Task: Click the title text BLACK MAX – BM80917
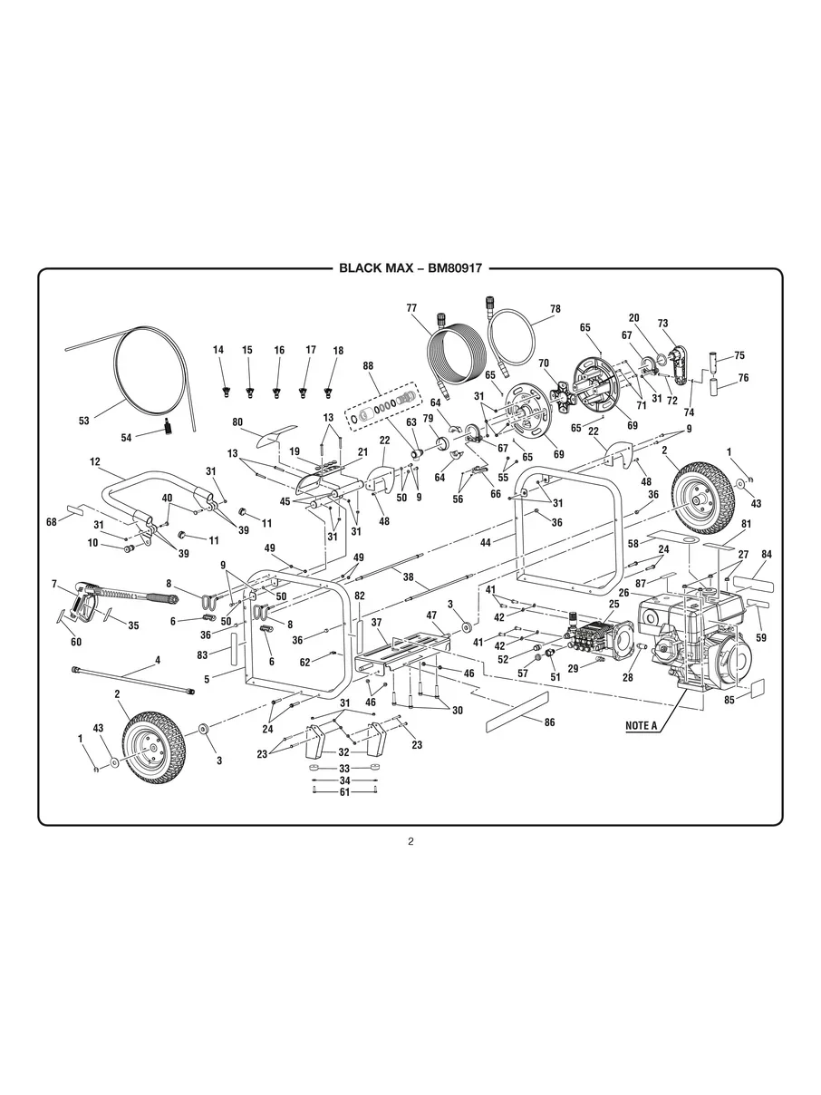pos(410,268)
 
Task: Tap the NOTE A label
pos(641,725)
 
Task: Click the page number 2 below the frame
pos(410,841)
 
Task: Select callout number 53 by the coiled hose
pos(83,421)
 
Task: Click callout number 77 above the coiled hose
pos(410,307)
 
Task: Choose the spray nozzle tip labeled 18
pos(332,391)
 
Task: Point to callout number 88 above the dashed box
pos(367,366)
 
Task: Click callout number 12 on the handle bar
pos(94,462)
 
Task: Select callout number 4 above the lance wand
pos(157,661)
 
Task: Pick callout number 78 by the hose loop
pos(555,308)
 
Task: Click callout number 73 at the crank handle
pos(662,324)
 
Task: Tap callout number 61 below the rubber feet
pos(344,791)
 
